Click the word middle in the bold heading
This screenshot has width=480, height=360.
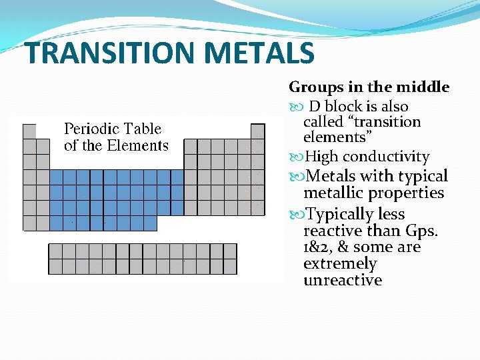pyautogui.click(x=423, y=87)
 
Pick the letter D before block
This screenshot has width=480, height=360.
pyautogui.click(x=315, y=107)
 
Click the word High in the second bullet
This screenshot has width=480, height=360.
pyautogui.click(x=321, y=157)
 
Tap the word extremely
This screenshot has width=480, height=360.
pyautogui.click(x=340, y=263)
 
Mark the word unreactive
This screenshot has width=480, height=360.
pyautogui.click(x=343, y=280)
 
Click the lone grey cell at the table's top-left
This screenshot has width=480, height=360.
pyautogui.click(x=29, y=131)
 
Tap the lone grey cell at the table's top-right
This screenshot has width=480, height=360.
pyautogui.click(x=257, y=131)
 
